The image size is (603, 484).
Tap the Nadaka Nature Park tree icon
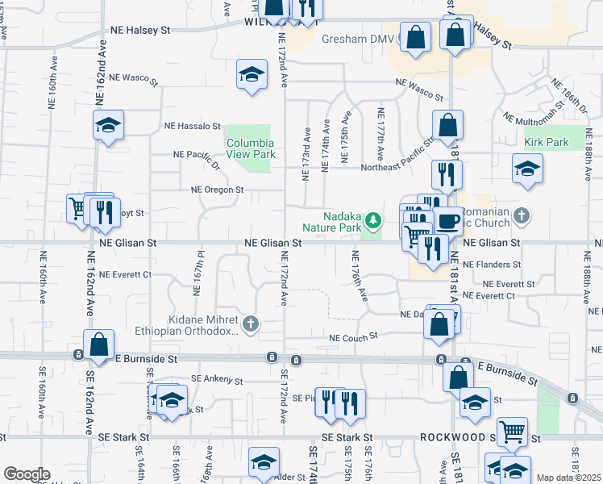click(372, 219)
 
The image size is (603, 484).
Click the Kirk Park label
click(547, 143)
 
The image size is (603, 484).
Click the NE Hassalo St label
click(193, 127)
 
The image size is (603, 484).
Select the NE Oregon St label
click(217, 190)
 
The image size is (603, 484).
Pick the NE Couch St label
click(353, 337)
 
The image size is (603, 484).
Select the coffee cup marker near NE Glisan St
click(447, 221)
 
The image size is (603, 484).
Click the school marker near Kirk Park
click(527, 169)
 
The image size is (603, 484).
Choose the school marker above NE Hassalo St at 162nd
click(108, 125)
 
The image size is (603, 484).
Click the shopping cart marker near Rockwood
click(512, 432)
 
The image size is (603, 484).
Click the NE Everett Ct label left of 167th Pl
click(126, 275)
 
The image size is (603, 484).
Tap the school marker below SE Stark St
click(264, 462)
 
